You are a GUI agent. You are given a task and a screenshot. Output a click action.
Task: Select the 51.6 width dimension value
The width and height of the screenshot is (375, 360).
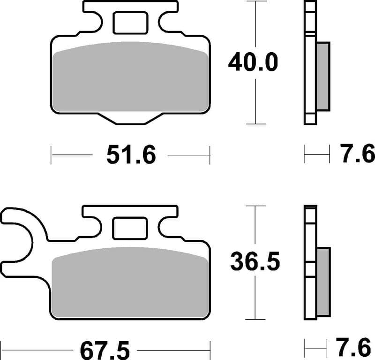tap(130, 155)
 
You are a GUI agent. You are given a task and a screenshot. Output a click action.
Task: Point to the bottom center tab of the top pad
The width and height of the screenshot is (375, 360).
tap(130, 119)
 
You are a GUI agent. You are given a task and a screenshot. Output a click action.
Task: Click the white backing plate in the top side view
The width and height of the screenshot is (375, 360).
tap(310, 63)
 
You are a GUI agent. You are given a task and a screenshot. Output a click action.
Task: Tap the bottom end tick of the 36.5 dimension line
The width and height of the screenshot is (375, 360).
tap(256, 320)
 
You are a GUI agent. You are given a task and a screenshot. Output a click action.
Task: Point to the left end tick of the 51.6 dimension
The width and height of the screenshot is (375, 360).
tap(51, 155)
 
